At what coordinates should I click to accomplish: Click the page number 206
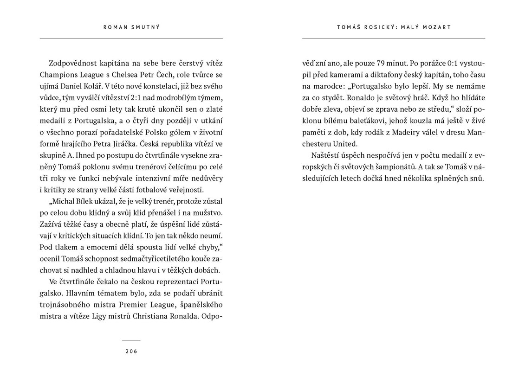click(131, 351)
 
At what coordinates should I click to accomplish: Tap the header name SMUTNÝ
click(146, 27)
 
